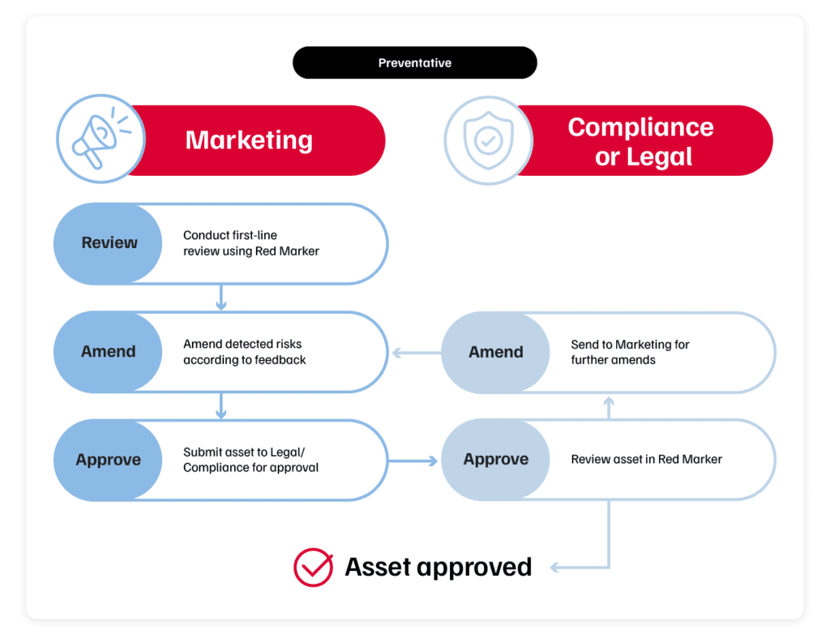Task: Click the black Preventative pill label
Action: click(414, 62)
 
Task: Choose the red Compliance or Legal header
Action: click(640, 140)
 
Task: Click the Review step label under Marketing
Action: click(109, 243)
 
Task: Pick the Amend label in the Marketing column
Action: click(109, 352)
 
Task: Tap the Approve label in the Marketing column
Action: click(109, 460)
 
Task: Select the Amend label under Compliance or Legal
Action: click(496, 352)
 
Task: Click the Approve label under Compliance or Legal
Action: click(496, 460)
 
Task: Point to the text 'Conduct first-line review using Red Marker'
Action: click(251, 243)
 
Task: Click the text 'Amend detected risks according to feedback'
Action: click(245, 352)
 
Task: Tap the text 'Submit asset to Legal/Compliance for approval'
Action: click(250, 460)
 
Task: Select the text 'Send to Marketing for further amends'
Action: click(630, 352)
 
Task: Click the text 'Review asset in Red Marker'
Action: click(646, 460)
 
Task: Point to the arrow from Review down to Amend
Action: click(221, 298)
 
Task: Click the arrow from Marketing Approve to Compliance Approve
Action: click(413, 461)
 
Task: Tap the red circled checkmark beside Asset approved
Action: click(313, 567)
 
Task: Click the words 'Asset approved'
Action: click(438, 567)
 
